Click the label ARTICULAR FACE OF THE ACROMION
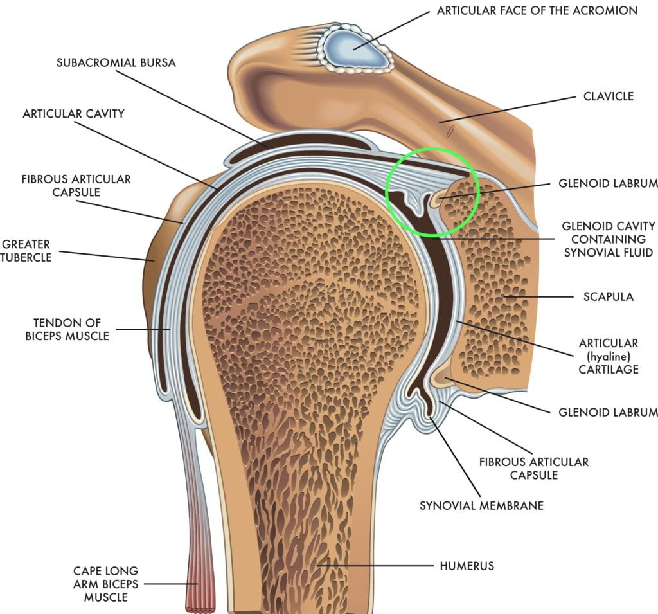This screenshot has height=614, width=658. coord(537,10)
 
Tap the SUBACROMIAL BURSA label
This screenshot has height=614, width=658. coord(116,62)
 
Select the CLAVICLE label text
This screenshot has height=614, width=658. coord(608,96)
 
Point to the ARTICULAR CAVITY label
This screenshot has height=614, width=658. coord(73,114)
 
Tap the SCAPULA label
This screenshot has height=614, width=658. coord(608,296)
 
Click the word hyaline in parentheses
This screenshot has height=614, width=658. coord(608,356)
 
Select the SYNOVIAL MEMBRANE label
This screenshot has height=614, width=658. coord(481,505)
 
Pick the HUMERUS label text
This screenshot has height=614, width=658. coord(467,566)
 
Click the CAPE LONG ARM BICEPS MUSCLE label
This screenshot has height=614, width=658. coord(105,584)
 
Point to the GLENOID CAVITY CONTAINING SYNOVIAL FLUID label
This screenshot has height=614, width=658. coord(608,239)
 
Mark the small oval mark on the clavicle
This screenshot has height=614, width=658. coord(451,131)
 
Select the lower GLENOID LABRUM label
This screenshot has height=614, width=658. coord(608,411)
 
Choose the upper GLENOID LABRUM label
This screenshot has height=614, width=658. coord(608,183)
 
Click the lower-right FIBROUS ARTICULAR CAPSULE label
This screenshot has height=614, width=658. coord(533,469)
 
